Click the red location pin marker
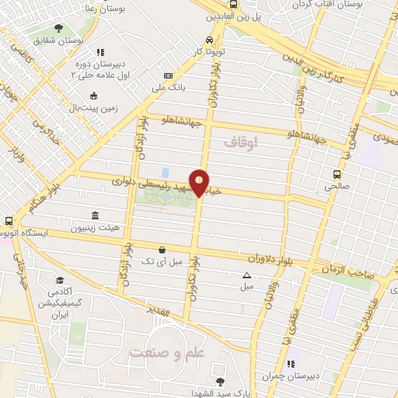point(200,183)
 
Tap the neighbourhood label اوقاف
point(239,143)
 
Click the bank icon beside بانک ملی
point(168,75)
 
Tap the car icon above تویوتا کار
point(209,40)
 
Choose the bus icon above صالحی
point(337,175)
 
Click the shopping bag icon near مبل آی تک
point(161,250)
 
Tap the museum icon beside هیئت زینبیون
point(95,216)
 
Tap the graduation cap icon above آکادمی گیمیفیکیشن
point(60,281)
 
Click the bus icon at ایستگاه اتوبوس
point(8,221)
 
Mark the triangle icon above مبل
point(246,275)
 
